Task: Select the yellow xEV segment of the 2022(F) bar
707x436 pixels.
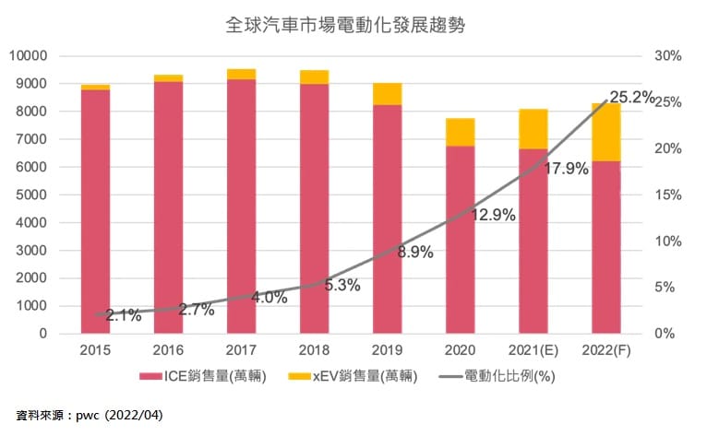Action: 605,132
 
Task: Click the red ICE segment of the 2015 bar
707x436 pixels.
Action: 95,212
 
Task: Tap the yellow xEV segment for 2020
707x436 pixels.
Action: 460,132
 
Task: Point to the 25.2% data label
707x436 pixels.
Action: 631,96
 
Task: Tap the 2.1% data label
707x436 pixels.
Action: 124,315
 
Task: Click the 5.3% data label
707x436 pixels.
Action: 342,286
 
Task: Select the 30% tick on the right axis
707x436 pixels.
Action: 667,56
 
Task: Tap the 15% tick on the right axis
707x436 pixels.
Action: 667,195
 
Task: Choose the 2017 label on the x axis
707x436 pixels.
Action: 241,350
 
